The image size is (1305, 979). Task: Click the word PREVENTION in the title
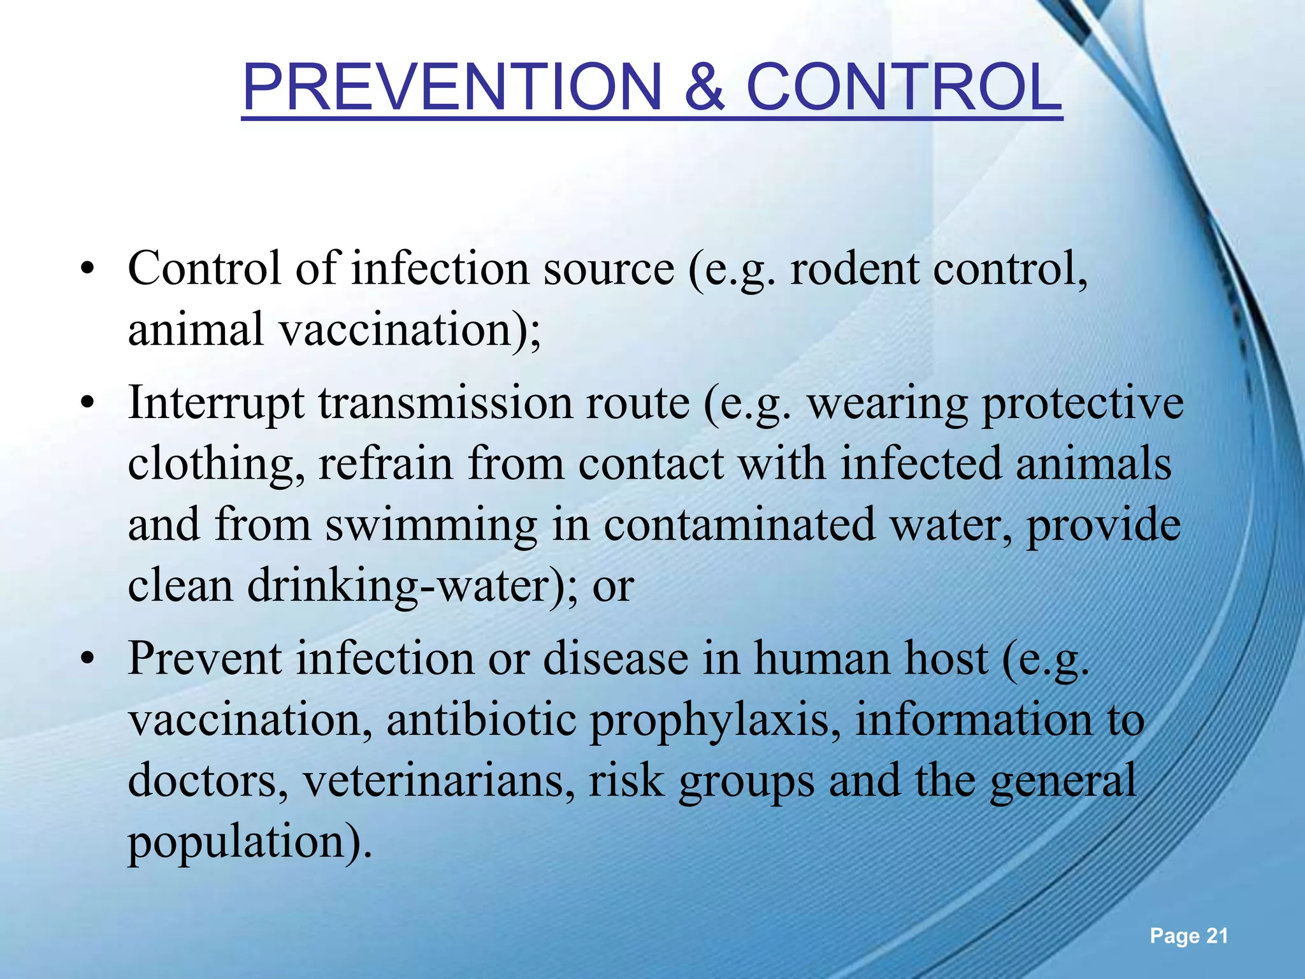(452, 88)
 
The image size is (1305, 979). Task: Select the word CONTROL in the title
(904, 88)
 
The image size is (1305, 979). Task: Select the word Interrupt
(216, 404)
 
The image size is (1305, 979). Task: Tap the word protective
(1083, 404)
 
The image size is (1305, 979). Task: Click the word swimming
(431, 526)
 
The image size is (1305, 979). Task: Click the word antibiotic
(482, 720)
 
